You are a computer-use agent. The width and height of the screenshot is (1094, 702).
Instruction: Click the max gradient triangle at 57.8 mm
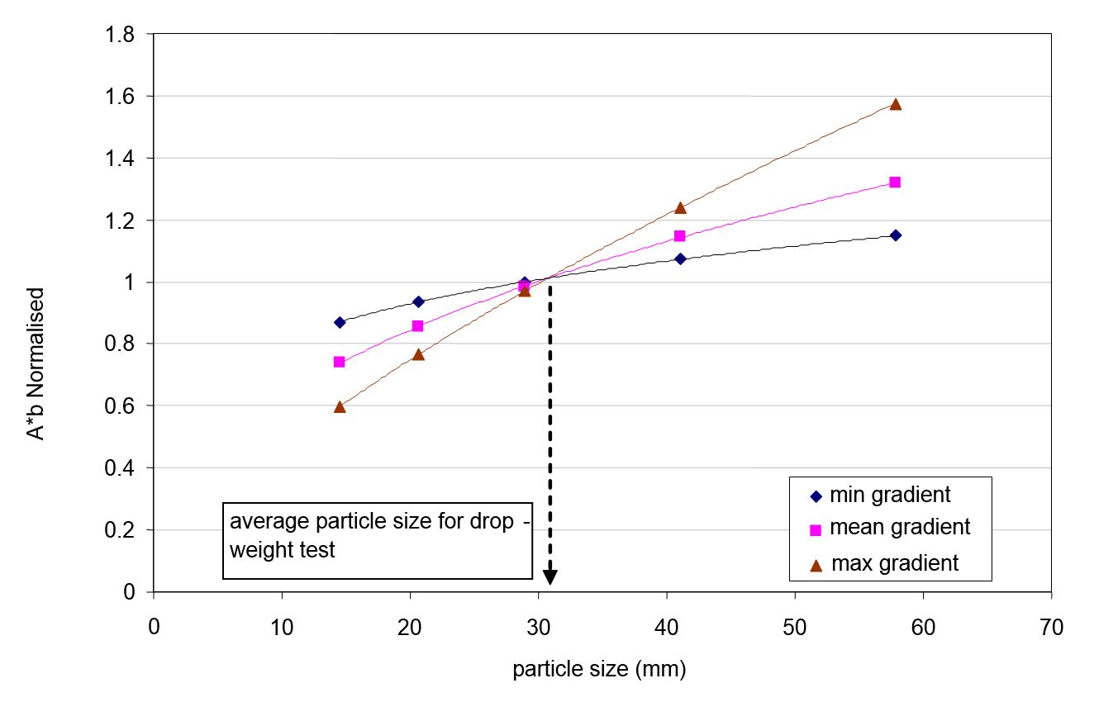pos(895,104)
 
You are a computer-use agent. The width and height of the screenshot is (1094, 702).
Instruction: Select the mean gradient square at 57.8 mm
pos(895,182)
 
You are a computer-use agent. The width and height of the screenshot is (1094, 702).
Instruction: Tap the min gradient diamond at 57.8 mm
pos(895,235)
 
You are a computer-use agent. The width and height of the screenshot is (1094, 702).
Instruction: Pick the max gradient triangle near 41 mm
pos(680,207)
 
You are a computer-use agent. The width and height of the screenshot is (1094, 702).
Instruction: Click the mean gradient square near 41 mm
pos(680,236)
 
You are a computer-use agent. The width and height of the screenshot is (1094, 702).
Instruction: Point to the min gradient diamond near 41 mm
pos(680,259)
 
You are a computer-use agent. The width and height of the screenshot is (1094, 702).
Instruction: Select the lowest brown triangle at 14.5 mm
pos(340,406)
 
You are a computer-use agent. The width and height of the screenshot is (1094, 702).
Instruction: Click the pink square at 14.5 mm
pos(339,362)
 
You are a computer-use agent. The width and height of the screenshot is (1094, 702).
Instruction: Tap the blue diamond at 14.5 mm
pos(340,322)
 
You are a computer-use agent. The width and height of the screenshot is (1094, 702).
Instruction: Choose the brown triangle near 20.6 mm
pos(418,354)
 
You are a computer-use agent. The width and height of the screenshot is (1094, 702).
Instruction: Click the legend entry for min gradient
pos(881,496)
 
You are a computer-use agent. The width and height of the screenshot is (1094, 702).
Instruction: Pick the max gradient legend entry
pos(884,564)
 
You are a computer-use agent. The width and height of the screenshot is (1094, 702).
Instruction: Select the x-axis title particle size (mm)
pos(599,669)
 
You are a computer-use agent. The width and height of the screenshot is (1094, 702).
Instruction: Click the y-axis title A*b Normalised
pos(38,363)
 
